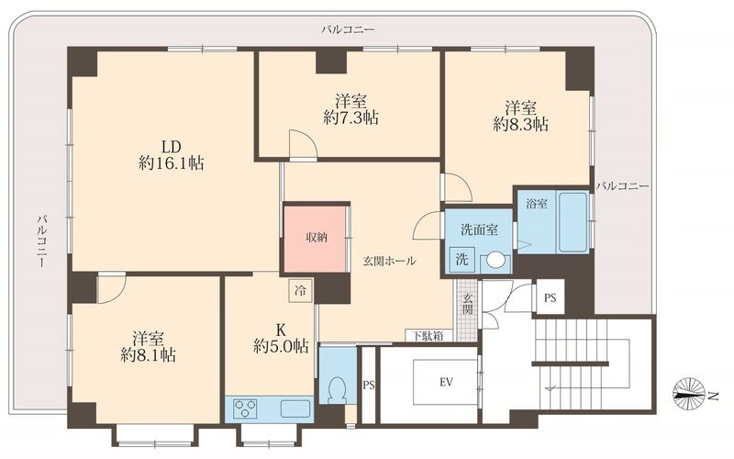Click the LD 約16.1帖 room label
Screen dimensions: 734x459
pos(171,155)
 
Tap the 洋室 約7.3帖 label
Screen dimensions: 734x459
pos(350,109)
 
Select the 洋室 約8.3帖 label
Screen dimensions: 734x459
pos(520,116)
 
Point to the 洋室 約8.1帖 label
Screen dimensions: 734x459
pos(148,347)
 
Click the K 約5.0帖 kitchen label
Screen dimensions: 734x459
pos(281,337)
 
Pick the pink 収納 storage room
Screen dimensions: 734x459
pos(315,238)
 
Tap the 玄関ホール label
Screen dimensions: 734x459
pos(389,262)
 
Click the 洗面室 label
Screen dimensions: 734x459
pos(479,229)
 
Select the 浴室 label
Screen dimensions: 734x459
pos(537,204)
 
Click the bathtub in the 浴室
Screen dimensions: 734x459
pos(572,221)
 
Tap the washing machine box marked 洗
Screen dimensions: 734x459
pos(462,259)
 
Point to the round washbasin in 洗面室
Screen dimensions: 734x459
pos(495,260)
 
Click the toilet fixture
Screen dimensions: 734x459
pos(338,388)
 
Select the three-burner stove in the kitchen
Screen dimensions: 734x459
pos(245,408)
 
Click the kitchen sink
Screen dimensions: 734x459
pos(295,409)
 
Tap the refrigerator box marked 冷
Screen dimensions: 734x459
pos(300,291)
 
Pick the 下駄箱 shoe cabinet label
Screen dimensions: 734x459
pos(428,335)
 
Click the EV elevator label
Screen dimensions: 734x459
pos(446,382)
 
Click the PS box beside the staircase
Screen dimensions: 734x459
pos(550,297)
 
